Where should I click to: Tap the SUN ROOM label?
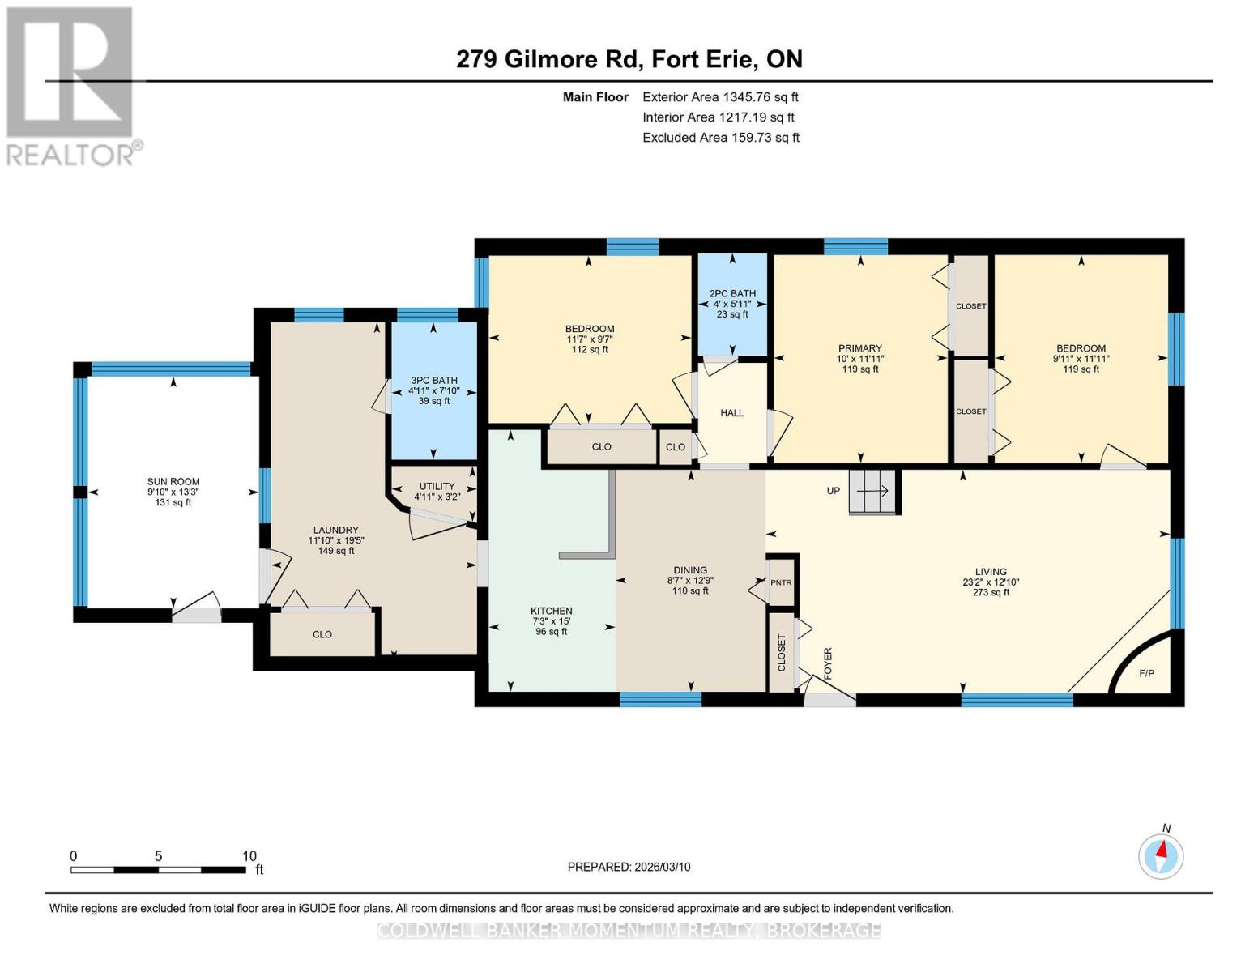173,482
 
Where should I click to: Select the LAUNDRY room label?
332,531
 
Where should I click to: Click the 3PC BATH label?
434,380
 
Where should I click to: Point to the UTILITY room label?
437,487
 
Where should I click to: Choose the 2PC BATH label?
732,294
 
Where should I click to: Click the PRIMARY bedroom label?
859,349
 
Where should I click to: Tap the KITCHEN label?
552,612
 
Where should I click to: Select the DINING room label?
690,570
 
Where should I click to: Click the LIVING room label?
991,572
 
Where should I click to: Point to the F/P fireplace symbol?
1145,672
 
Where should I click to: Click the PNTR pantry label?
781,582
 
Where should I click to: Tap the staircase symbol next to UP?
873,492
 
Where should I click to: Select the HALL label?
732,413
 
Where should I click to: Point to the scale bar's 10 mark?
249,856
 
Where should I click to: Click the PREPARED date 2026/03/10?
629,867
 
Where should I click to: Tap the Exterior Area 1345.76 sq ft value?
720,97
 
